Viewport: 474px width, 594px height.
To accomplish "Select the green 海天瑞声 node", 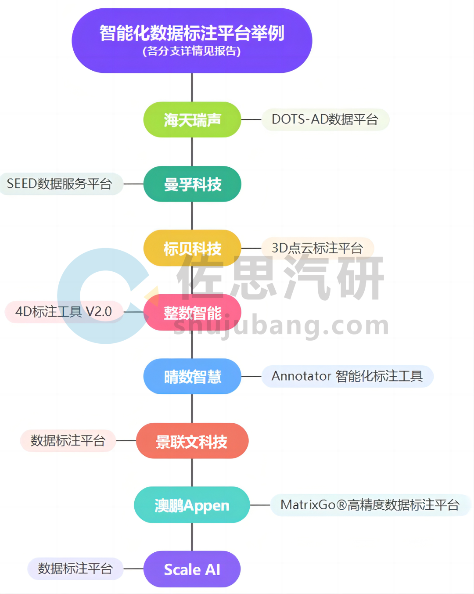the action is pyautogui.click(x=192, y=119).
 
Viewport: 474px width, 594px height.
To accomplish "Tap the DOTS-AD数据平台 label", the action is pyautogui.click(x=325, y=119).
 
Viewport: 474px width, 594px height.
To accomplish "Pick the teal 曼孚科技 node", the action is pyautogui.click(x=192, y=184).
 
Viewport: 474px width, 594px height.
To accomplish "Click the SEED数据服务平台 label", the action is pyautogui.click(x=60, y=184).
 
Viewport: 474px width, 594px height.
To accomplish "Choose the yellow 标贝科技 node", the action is pyautogui.click(x=192, y=248).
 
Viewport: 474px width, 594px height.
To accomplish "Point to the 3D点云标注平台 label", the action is pyautogui.click(x=317, y=248).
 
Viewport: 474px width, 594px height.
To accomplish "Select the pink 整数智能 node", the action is pyautogui.click(x=192, y=313).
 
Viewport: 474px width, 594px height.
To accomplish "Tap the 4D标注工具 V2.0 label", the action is pyautogui.click(x=64, y=312).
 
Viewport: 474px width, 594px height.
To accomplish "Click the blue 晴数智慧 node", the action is pyautogui.click(x=192, y=376).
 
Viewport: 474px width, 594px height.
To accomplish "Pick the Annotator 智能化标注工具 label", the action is pyautogui.click(x=347, y=376).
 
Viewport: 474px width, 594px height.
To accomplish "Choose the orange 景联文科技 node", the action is pyautogui.click(x=192, y=441).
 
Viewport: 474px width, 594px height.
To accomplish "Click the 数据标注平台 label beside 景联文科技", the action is pyautogui.click(x=68, y=440).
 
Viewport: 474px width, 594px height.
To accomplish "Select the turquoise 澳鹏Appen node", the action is pyautogui.click(x=192, y=505).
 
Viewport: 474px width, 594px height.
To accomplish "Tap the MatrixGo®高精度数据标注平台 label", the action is pyautogui.click(x=370, y=505).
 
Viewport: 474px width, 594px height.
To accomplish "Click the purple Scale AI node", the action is pyautogui.click(x=192, y=569).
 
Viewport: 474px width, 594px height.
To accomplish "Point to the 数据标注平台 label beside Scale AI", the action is pyautogui.click(x=75, y=569).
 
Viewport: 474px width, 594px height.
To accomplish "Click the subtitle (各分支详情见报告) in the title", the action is pyautogui.click(x=192, y=51).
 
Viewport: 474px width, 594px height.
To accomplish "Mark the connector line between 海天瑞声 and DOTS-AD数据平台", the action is pyautogui.click(x=251, y=119).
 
